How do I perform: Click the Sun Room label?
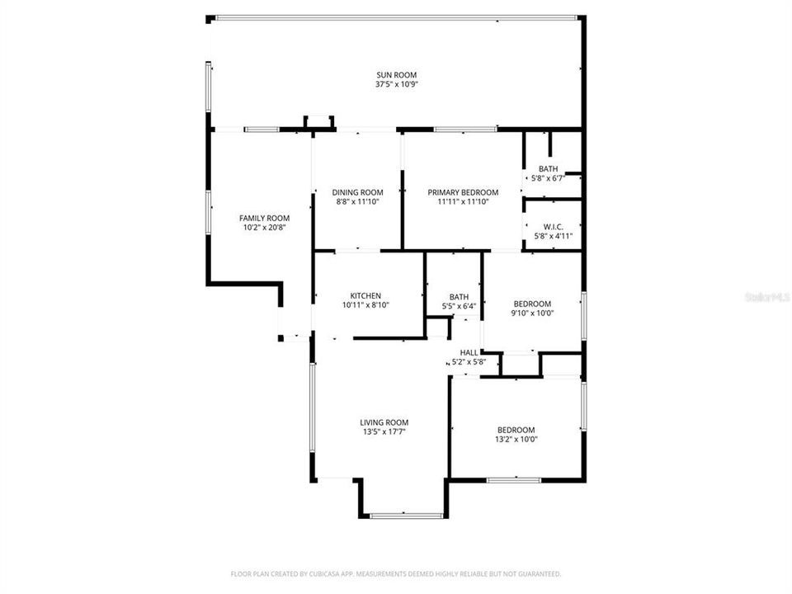click(396, 74)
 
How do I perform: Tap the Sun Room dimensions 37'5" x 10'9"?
click(396, 84)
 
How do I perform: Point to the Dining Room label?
click(357, 192)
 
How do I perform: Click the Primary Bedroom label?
click(463, 192)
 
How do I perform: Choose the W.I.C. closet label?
click(553, 226)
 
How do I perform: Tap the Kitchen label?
click(365, 295)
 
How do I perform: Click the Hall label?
click(469, 352)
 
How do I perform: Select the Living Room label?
click(384, 422)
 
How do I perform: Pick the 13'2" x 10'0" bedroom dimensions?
click(516, 440)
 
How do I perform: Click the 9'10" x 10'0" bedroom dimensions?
click(532, 313)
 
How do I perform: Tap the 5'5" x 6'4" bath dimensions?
click(459, 306)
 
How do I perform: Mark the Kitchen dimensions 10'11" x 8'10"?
click(365, 305)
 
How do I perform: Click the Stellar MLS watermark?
click(766, 295)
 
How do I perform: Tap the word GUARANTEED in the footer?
click(537, 573)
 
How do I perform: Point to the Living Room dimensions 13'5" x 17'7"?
click(384, 431)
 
